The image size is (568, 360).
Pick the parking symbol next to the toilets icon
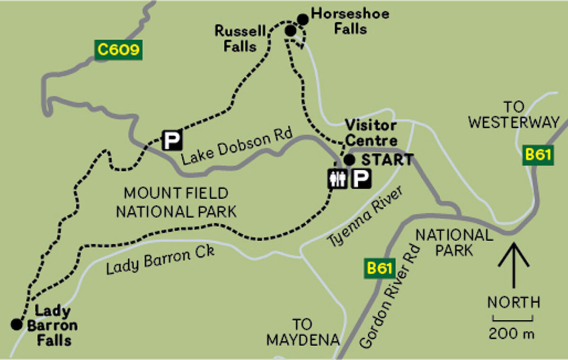[361, 179]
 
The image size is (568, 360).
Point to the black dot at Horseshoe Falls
[303, 19]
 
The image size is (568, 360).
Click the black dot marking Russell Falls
[291, 31]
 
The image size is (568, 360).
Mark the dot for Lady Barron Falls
[17, 324]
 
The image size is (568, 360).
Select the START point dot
[349, 160]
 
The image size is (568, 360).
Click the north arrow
[514, 265]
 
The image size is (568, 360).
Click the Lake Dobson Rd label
[236, 146]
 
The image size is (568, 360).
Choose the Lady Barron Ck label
[160, 260]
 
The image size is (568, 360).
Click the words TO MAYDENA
[303, 332]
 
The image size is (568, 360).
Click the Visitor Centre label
[371, 133]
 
